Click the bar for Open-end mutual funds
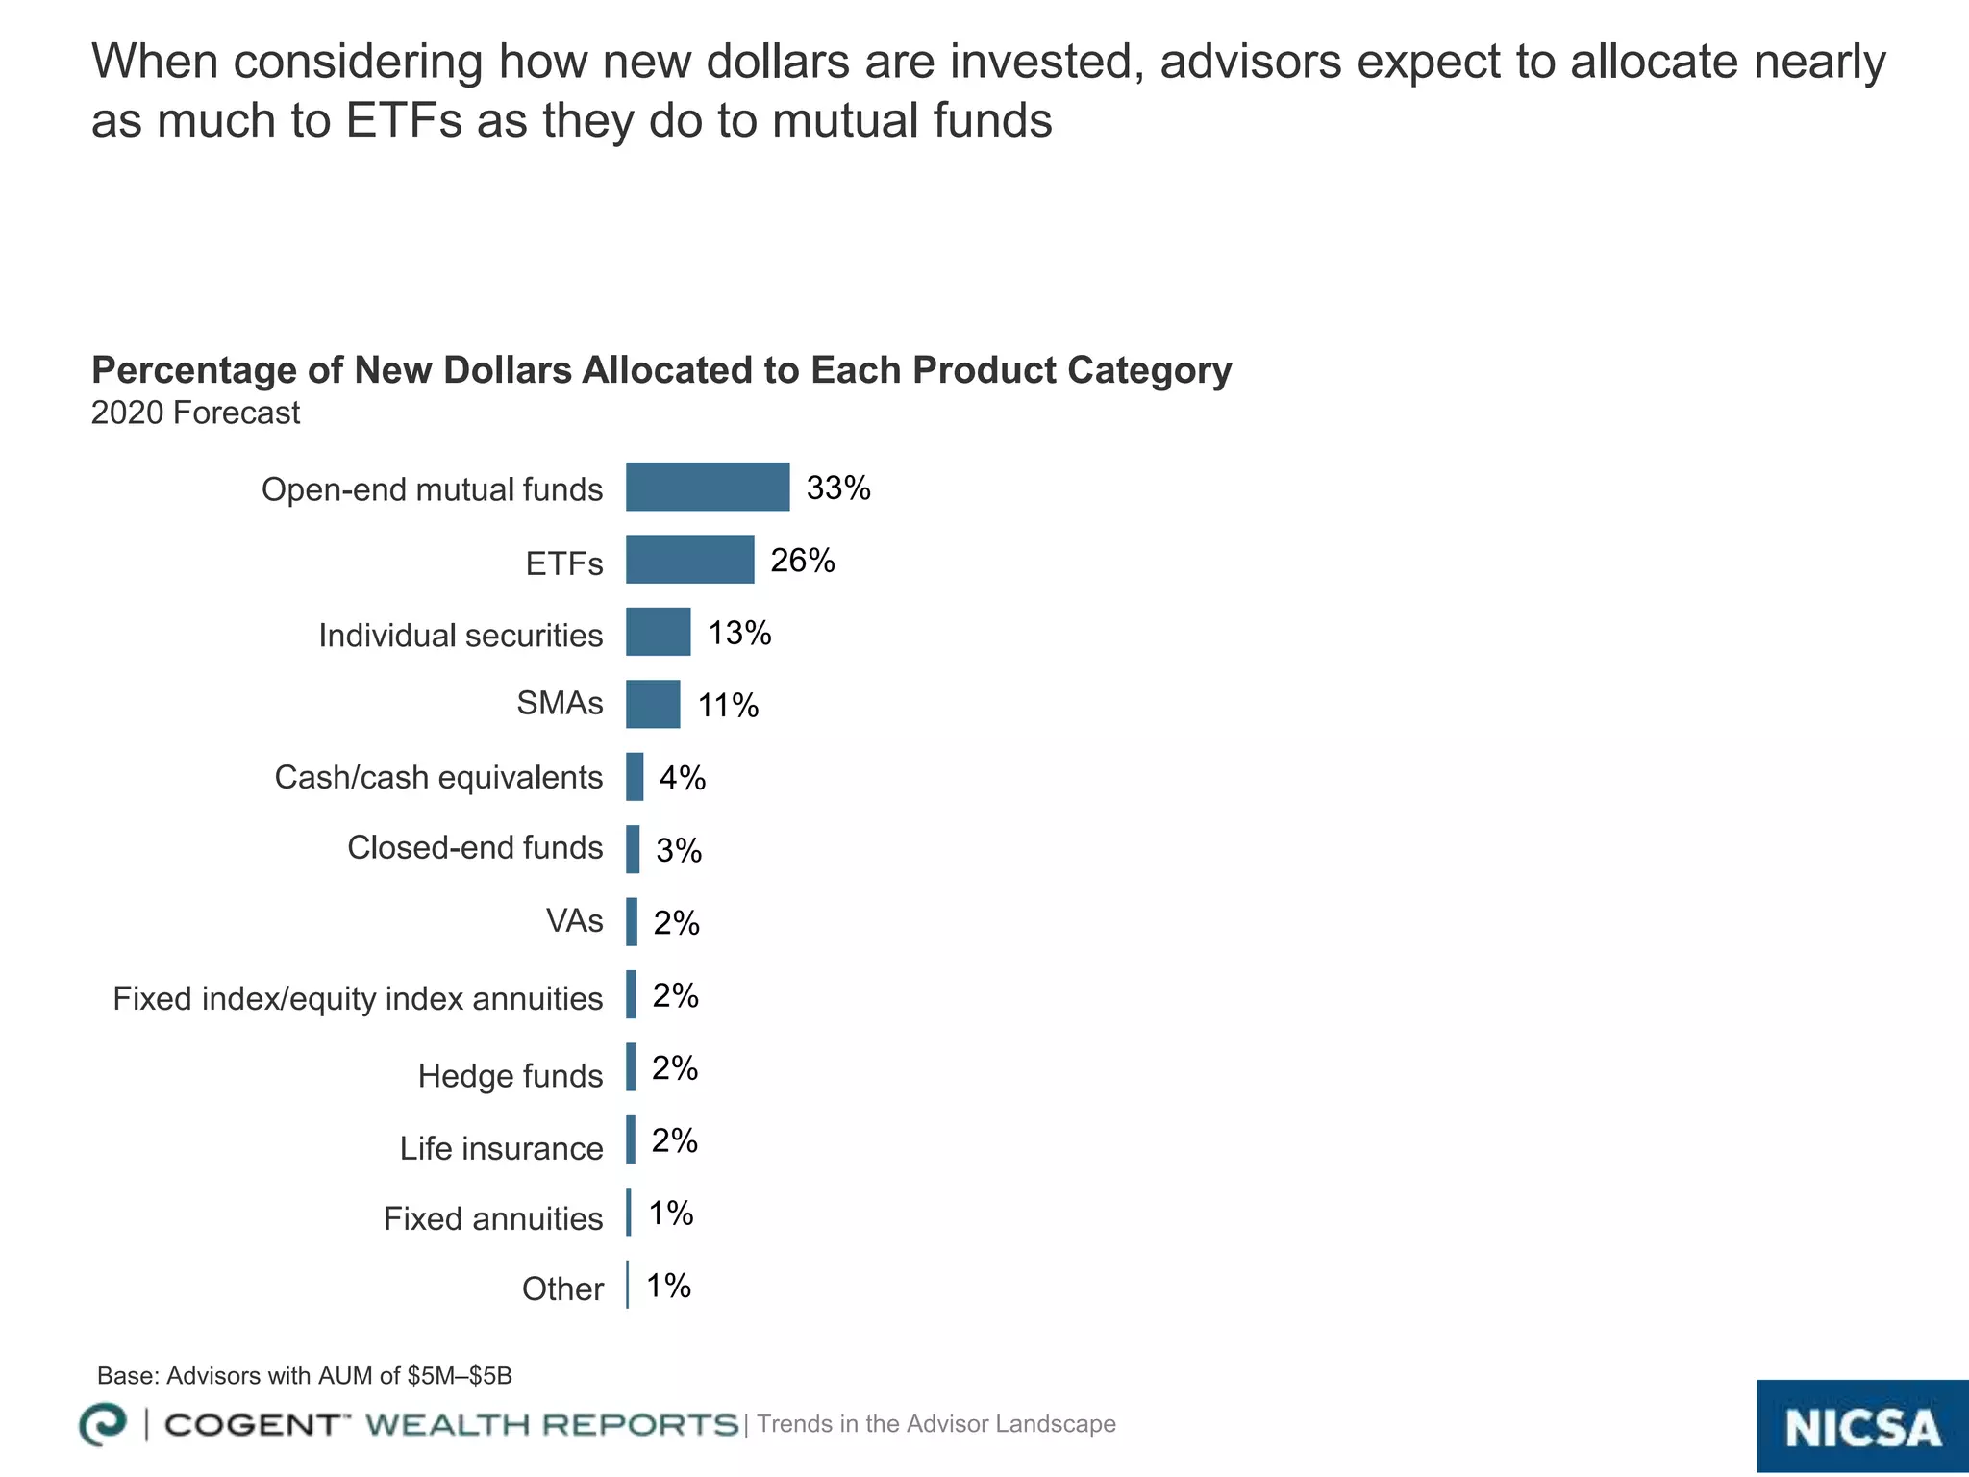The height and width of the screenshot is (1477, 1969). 708,487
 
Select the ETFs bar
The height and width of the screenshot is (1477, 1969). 689,559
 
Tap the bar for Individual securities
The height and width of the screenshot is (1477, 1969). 658,632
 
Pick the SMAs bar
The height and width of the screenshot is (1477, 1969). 653,704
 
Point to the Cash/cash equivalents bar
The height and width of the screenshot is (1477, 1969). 635,777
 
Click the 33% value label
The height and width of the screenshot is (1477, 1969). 838,488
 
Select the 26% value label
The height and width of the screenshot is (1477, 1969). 803,561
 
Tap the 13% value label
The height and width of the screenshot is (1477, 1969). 739,634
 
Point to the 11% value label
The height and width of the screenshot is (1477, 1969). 728,707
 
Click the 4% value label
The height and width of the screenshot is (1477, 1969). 683,778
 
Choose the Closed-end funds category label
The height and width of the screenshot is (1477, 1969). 475,848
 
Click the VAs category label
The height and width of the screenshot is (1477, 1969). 575,921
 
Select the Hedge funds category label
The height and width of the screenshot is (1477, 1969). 511,1076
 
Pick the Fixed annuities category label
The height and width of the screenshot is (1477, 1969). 493,1219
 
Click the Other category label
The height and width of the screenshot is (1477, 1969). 562,1289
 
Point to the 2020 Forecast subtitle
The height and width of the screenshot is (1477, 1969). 195,413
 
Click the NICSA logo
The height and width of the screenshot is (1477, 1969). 1862,1427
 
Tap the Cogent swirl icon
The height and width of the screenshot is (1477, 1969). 103,1424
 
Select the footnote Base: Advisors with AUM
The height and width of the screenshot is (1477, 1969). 305,1376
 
